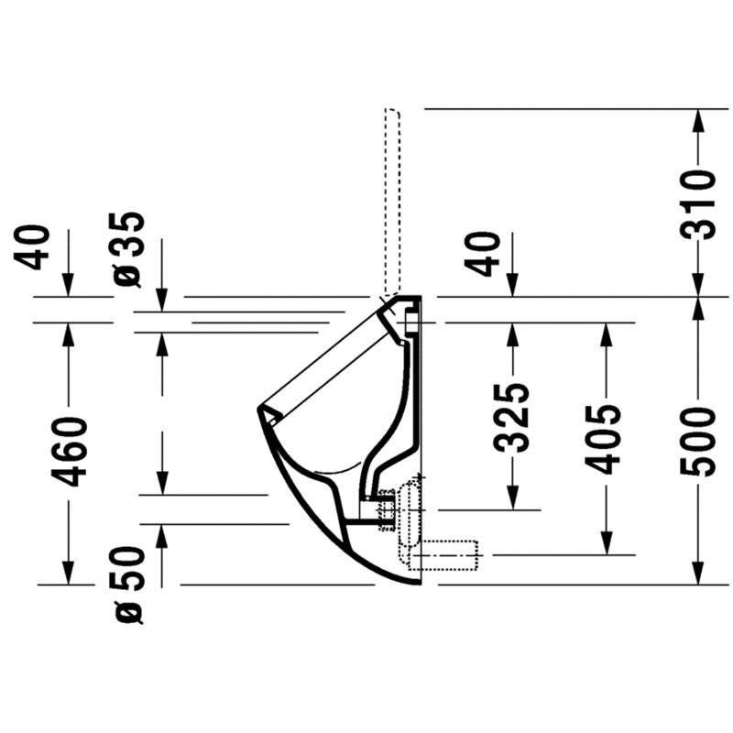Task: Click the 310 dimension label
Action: [698, 204]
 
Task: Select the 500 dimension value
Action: [698, 442]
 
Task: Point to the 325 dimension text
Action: [512, 418]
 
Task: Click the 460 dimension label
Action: [70, 452]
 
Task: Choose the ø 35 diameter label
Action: [128, 249]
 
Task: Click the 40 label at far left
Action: [32, 247]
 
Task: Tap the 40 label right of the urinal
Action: [482, 255]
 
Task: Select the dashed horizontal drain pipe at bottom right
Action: [443, 555]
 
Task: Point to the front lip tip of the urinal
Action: [258, 410]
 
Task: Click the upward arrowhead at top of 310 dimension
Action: [698, 121]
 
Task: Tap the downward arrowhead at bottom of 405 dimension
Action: [607, 543]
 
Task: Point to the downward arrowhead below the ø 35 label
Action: [162, 300]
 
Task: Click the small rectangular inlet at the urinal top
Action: [410, 323]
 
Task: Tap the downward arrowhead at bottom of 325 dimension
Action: [512, 498]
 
